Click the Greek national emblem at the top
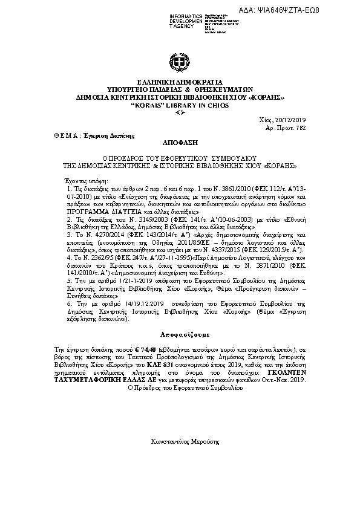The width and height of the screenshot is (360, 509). pos(179,63)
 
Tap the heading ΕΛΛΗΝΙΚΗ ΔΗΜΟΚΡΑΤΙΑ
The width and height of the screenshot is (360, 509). pos(180,82)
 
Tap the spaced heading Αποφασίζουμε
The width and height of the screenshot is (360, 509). pos(180,334)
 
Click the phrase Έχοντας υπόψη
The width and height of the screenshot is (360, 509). pos(84,180)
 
